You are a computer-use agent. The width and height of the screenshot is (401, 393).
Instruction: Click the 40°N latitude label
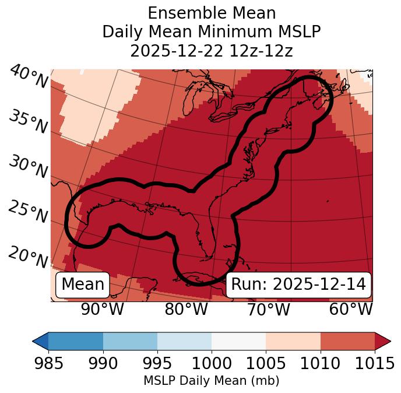tap(28, 77)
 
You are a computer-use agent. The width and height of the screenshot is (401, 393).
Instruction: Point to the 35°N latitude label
tap(28, 122)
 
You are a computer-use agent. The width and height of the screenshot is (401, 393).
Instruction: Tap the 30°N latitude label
tap(28, 167)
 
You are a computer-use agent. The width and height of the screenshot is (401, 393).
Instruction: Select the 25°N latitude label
tap(28, 212)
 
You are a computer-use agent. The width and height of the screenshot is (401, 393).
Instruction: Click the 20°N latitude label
tap(28, 257)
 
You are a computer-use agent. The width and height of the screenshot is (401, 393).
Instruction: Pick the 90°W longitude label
tap(102, 309)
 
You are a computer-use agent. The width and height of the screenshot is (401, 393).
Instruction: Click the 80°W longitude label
tap(186, 309)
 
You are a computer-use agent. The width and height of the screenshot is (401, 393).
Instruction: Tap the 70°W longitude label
tap(268, 309)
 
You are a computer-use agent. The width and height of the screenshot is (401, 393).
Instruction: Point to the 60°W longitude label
tap(350, 309)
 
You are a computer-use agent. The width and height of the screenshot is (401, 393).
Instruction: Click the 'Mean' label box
tap(83, 285)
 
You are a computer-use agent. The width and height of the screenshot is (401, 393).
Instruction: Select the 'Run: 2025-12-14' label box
tap(298, 285)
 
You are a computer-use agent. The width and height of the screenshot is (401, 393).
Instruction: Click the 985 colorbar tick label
tap(48, 363)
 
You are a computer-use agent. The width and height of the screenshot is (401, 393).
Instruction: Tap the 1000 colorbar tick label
tap(212, 363)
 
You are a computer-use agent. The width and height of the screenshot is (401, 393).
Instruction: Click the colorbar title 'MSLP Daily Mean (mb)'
tap(211, 381)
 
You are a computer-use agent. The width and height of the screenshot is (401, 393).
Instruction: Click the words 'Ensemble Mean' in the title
tap(212, 13)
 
